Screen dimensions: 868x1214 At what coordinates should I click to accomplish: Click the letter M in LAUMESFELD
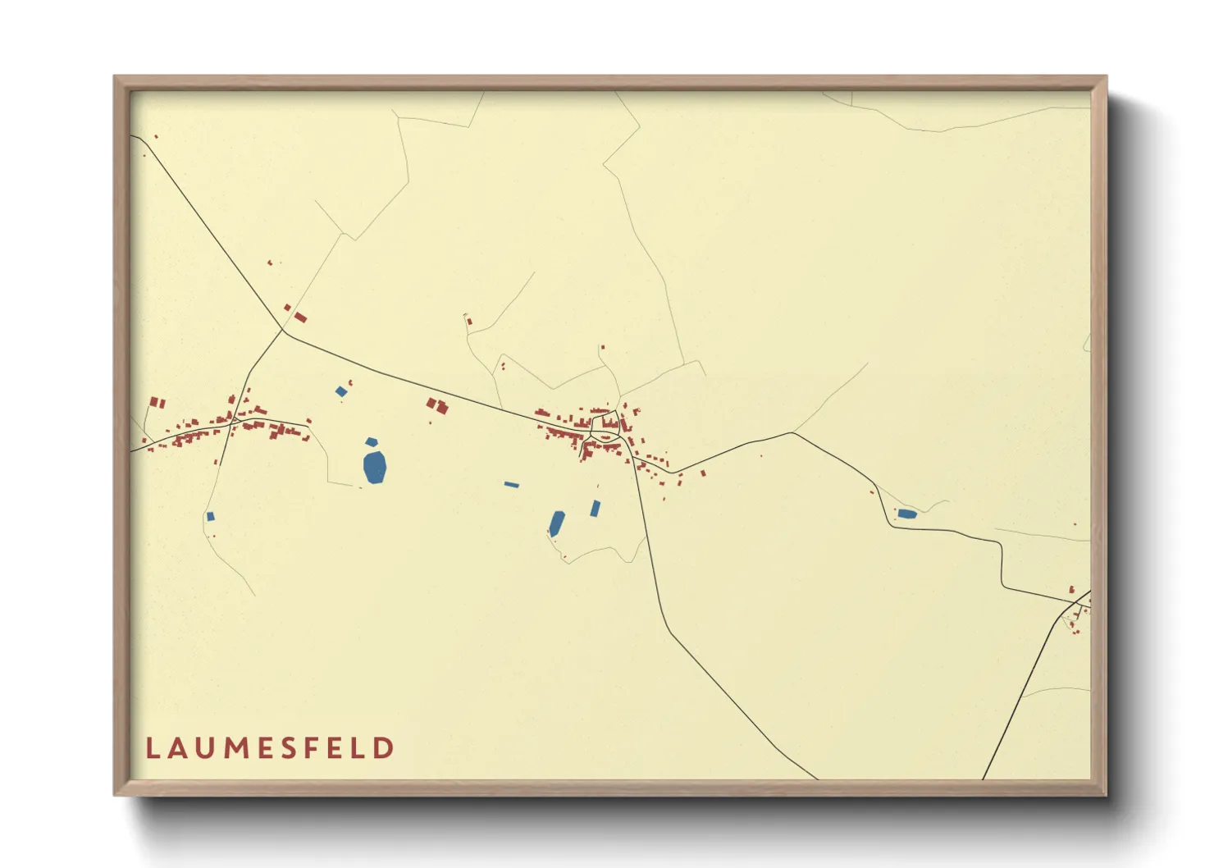pos(236,748)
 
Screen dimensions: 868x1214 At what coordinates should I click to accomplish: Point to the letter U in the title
pos(206,748)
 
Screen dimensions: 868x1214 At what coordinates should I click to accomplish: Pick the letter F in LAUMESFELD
pos(317,748)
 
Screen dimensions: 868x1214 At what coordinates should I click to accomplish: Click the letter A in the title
pos(178,748)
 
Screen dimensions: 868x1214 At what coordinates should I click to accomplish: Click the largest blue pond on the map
pos(375,467)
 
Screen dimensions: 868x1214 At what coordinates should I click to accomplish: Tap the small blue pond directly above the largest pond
pos(372,442)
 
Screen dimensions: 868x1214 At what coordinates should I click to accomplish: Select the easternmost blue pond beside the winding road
pos(906,514)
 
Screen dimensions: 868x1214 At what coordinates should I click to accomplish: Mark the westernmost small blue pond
pos(211,516)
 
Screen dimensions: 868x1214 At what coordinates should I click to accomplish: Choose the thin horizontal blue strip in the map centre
pos(512,485)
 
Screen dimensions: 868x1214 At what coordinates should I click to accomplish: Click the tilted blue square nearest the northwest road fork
pos(341,391)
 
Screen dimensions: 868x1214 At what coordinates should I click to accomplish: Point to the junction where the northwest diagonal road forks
pos(283,331)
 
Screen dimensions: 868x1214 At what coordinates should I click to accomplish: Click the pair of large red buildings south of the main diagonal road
pos(437,405)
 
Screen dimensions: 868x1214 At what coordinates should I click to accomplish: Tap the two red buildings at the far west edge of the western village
pos(157,403)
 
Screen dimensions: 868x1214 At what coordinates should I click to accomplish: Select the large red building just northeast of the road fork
pos(300,317)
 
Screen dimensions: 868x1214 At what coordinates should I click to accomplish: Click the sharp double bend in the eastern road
pos(1002,566)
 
